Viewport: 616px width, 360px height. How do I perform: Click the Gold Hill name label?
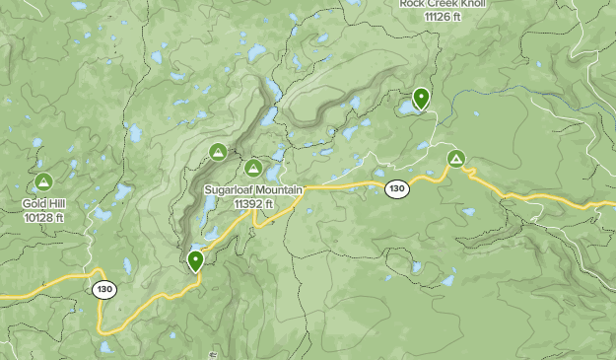pyautogui.click(x=43, y=204)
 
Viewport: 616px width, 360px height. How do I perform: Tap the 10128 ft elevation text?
pyautogui.click(x=43, y=217)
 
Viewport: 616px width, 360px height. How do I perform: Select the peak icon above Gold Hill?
pyautogui.click(x=43, y=182)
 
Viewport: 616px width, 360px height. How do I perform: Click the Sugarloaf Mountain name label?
pyautogui.click(x=253, y=190)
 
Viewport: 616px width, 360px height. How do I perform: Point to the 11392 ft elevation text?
pyautogui.click(x=253, y=204)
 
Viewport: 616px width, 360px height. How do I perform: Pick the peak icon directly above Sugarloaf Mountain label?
pyautogui.click(x=253, y=168)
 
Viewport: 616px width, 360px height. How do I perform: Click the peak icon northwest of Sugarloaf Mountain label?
pyautogui.click(x=218, y=152)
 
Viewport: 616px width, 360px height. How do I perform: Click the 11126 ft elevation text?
pyautogui.click(x=444, y=17)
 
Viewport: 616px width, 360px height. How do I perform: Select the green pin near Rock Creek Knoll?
pyautogui.click(x=421, y=98)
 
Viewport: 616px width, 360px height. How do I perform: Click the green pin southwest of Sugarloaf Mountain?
pyautogui.click(x=196, y=260)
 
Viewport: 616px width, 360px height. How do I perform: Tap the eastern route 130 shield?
pyautogui.click(x=397, y=189)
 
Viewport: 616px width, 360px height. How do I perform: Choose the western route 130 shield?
pyautogui.click(x=104, y=290)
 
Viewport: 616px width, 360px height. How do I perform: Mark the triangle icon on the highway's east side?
pyautogui.click(x=455, y=158)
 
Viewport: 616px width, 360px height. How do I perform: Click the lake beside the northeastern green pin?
pyautogui.click(x=406, y=107)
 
